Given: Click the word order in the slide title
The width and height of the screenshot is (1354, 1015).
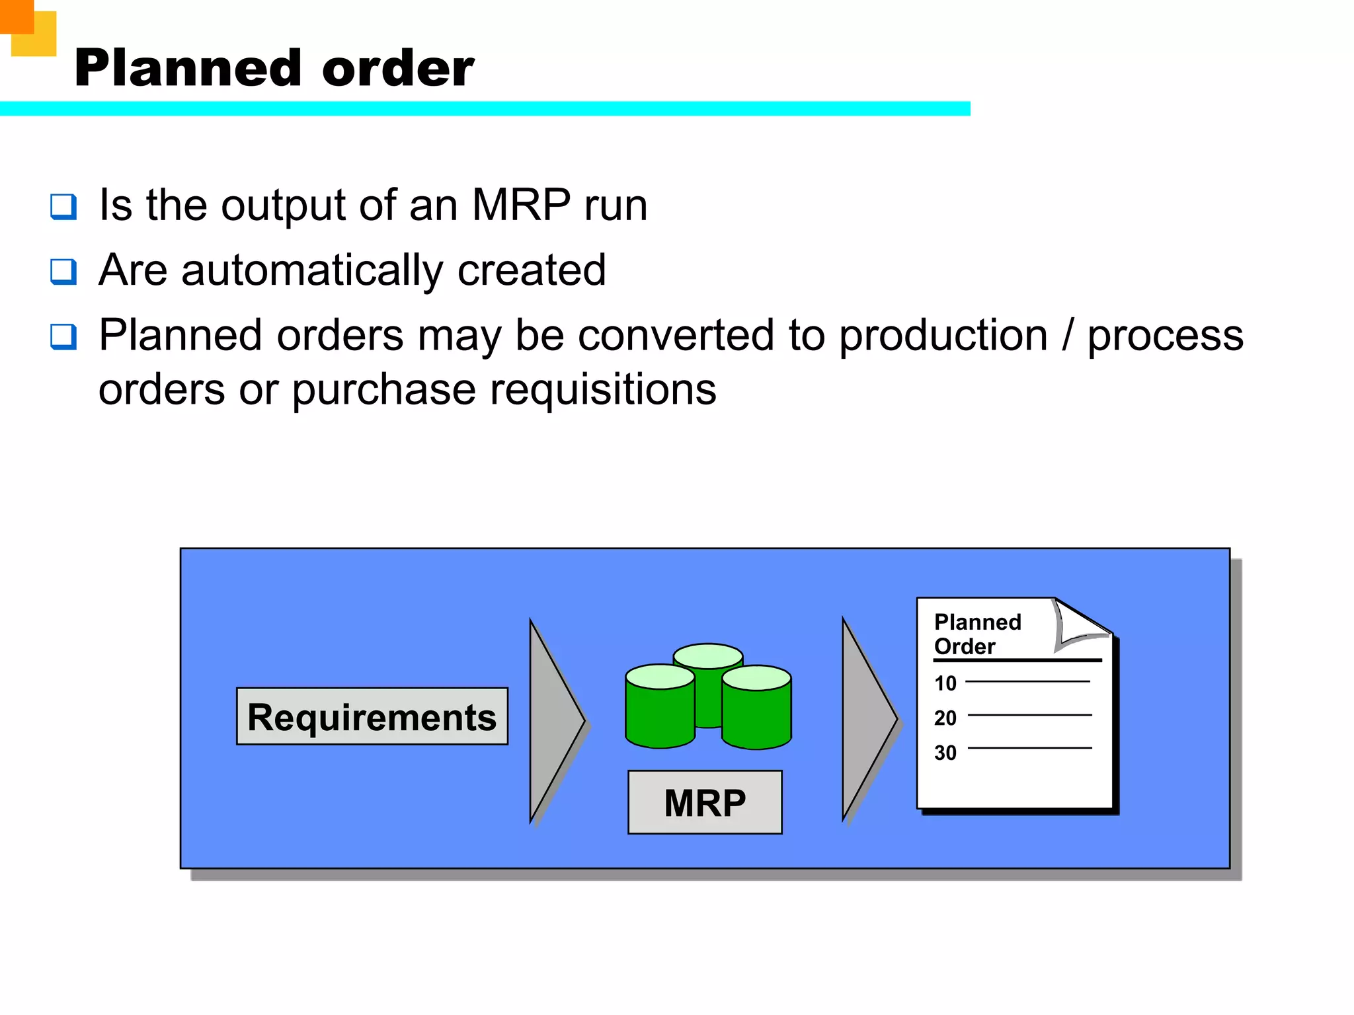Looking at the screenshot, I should coord(398,69).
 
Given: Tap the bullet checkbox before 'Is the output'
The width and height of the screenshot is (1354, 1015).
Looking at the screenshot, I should coord(63,206).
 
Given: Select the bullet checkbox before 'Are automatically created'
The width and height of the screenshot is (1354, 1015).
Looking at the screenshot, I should coord(63,271).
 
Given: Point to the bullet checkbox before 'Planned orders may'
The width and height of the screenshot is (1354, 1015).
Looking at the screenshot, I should coord(63,336).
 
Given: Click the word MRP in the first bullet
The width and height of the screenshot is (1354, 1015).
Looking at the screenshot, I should coord(521,205).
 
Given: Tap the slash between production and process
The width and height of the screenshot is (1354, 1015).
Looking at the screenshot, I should coord(1067,336).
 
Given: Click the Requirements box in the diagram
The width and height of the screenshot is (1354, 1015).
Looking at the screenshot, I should coord(372,717).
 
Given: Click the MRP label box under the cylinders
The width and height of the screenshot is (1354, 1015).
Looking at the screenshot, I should coord(705,802).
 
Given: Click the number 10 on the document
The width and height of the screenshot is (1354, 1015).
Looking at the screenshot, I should coord(945,683).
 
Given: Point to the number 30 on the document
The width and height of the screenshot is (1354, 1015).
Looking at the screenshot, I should coord(945,753).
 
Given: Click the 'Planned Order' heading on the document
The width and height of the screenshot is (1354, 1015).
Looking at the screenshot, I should coord(977,634).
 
